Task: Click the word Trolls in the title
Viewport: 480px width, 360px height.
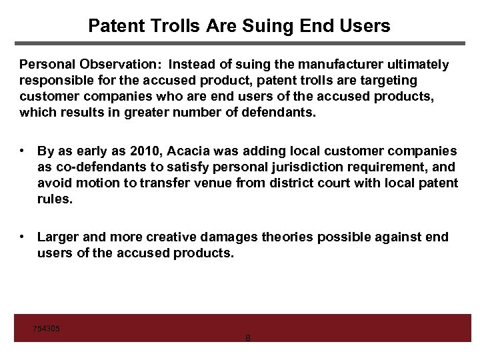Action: coord(166,26)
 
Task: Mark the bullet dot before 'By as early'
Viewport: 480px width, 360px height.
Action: coord(23,151)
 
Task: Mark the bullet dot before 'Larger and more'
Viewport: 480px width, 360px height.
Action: coord(23,237)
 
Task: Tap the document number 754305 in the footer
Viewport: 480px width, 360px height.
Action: coord(47,329)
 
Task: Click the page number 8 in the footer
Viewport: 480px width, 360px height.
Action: coord(248,338)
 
